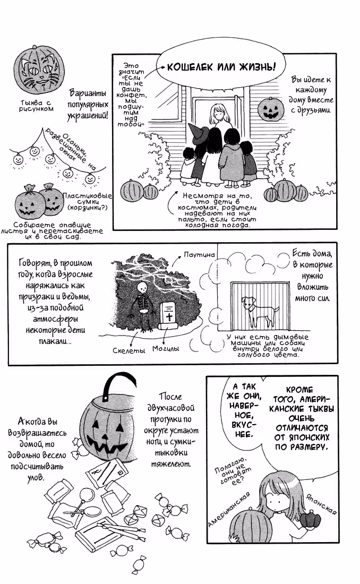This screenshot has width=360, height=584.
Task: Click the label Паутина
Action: pos(199,255)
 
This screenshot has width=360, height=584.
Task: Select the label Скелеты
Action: pos(128,350)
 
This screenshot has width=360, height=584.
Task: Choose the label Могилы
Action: pos(166,349)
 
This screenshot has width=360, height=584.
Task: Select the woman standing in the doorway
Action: pos(220,119)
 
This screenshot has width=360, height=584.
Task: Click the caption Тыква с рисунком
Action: pos(37,106)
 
